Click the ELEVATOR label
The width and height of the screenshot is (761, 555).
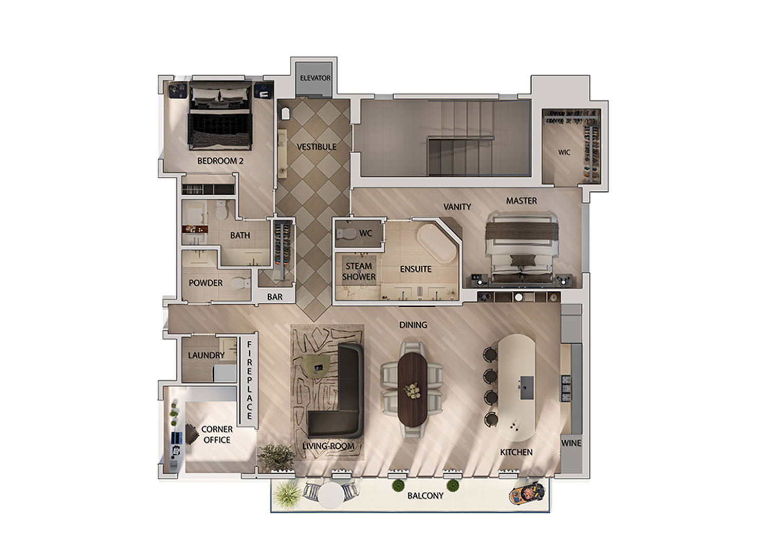[x=315, y=78]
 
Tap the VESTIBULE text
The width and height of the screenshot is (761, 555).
[x=317, y=147]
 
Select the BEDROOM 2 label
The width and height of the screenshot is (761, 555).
[x=220, y=161]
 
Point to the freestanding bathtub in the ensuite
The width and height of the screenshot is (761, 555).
[x=437, y=243]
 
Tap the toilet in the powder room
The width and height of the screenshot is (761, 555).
[x=240, y=283]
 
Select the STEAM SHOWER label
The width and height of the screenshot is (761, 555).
[x=359, y=271]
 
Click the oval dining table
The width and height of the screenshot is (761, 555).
[x=413, y=389]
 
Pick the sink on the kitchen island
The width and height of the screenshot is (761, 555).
[x=526, y=388]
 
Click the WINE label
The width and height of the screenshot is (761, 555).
[x=571, y=443]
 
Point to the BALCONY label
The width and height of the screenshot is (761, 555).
[x=425, y=496]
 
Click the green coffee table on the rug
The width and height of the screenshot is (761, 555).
[x=317, y=365]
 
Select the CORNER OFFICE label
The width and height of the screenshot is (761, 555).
[x=217, y=434]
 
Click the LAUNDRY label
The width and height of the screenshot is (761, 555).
[x=206, y=355]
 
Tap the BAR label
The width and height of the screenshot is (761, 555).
[x=274, y=297]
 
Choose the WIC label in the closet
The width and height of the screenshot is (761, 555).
[x=564, y=152]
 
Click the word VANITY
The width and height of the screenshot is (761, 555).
[x=457, y=207]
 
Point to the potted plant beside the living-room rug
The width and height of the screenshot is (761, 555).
[x=276, y=457]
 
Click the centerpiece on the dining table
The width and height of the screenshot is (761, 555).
[x=413, y=391]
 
